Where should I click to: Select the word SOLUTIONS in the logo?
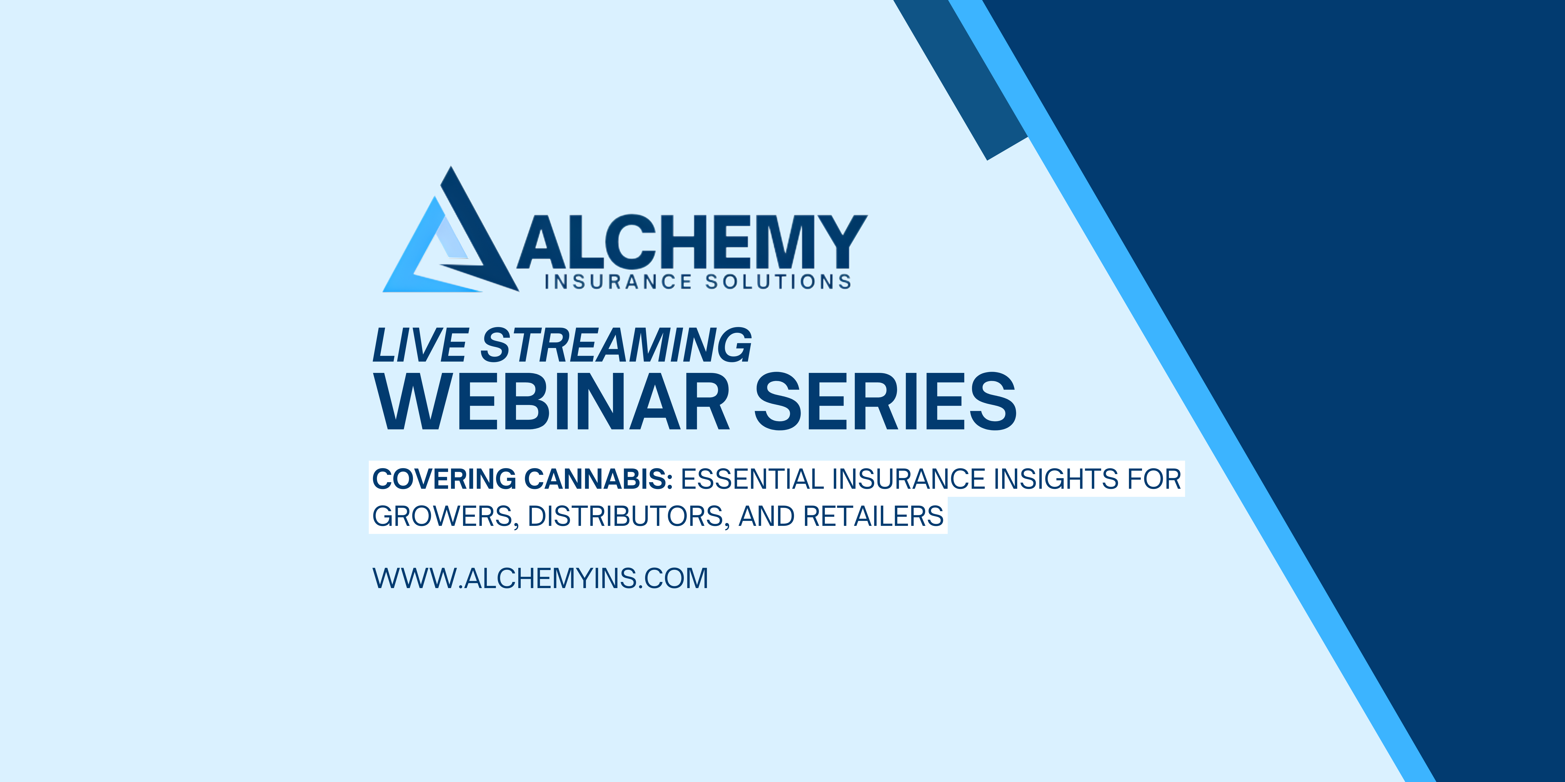pos(778,282)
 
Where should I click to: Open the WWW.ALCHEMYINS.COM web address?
pos(540,578)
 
